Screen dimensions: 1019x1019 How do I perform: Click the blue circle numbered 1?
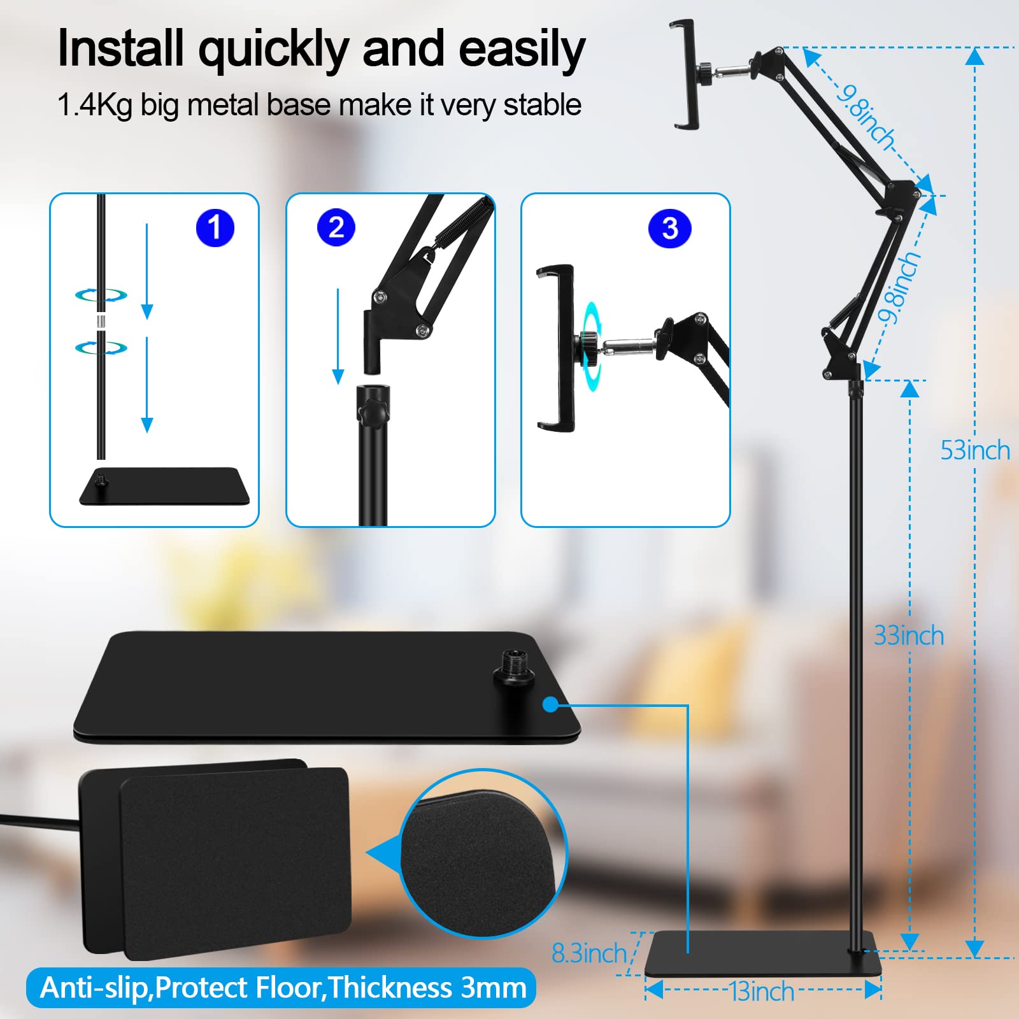point(215,228)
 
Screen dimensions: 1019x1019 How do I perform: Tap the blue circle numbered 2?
point(336,227)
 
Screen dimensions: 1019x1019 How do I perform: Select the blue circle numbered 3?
point(669,228)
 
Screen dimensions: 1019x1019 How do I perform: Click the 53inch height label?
point(974,450)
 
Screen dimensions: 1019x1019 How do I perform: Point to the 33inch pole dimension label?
point(908,636)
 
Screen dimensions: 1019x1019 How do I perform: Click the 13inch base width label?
point(762,992)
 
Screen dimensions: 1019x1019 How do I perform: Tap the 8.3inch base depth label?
point(589,953)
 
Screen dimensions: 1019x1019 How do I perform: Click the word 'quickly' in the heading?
point(273,50)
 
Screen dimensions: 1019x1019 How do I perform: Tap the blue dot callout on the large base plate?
point(551,704)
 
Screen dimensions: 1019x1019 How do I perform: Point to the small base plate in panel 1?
point(164,487)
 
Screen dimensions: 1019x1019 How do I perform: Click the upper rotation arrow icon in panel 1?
point(101,295)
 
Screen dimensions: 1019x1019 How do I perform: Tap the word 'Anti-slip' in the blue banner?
point(94,988)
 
